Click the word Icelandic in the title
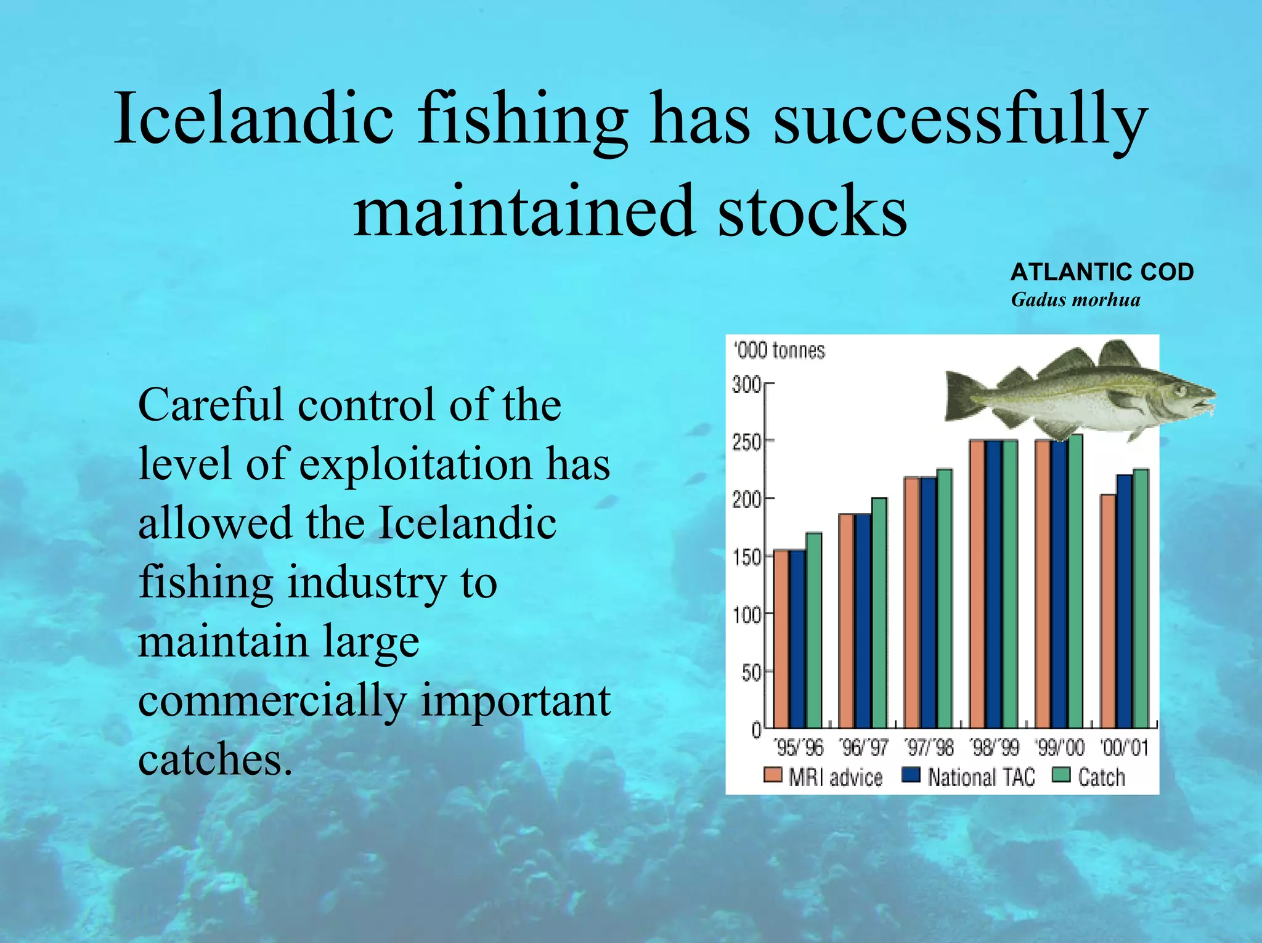click(x=253, y=118)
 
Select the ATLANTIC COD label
click(x=1102, y=272)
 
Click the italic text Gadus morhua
click(x=1075, y=300)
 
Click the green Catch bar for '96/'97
click(x=879, y=612)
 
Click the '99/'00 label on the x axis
click(x=1059, y=748)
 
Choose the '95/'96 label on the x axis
click(x=799, y=748)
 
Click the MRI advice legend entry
click(x=823, y=777)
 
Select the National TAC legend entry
click(x=968, y=777)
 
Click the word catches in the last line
click(x=214, y=759)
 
